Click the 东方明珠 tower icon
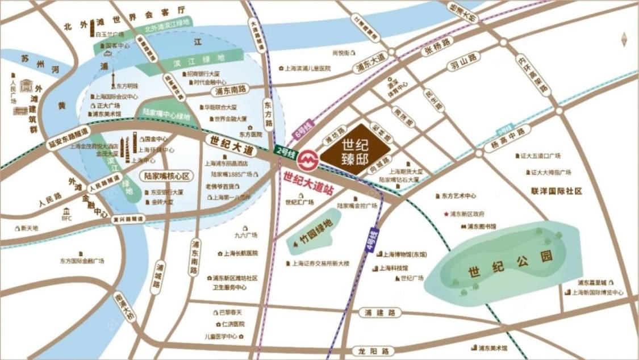[113, 79]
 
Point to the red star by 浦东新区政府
[446, 215]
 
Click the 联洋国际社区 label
[557, 191]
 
